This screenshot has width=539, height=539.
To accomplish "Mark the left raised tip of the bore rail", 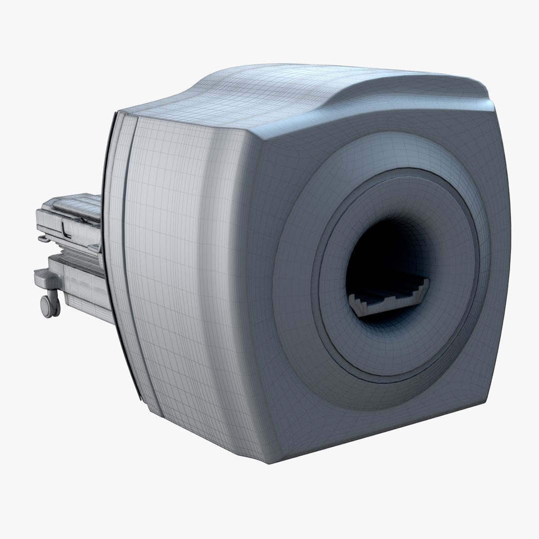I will pyautogui.click(x=355, y=299).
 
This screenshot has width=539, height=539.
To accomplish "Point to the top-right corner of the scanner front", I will pyautogui.click(x=492, y=107).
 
